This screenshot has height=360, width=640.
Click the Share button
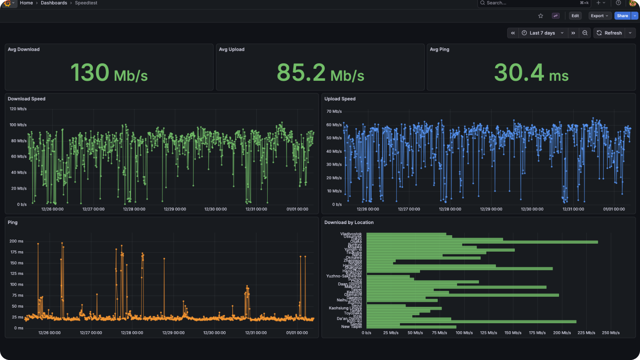point(622,16)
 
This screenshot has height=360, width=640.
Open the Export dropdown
point(599,16)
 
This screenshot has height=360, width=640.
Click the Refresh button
point(610,33)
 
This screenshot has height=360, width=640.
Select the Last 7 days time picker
point(542,33)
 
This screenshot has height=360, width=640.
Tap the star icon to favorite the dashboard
point(541,16)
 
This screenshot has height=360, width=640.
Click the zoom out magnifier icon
point(585,33)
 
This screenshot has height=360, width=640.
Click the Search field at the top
point(528,3)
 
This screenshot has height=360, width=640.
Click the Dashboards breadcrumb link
point(54,3)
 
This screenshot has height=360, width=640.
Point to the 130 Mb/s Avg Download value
point(109,73)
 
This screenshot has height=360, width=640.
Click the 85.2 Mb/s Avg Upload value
point(320,73)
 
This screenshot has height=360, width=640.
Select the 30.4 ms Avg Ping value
point(531,73)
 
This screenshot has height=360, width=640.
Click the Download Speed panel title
point(26,99)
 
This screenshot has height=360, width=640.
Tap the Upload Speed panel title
point(340,99)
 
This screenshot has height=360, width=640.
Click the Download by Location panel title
point(349,222)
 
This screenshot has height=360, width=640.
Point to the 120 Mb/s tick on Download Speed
point(18,109)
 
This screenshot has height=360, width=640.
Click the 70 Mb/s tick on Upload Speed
point(334,112)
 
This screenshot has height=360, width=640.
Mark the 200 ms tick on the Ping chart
point(16,241)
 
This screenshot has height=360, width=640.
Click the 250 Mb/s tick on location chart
point(610,333)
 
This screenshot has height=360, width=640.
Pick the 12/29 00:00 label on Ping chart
point(173,333)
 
